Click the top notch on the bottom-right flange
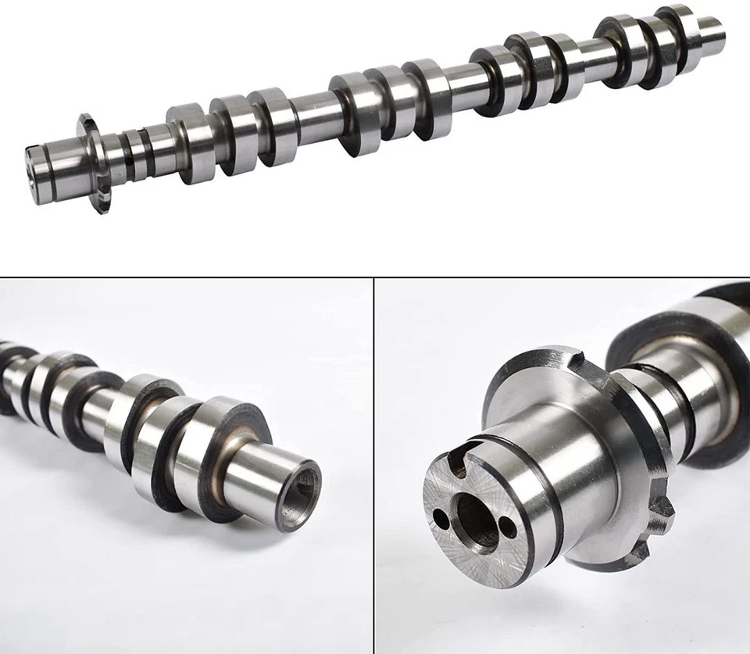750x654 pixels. (576, 360)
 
